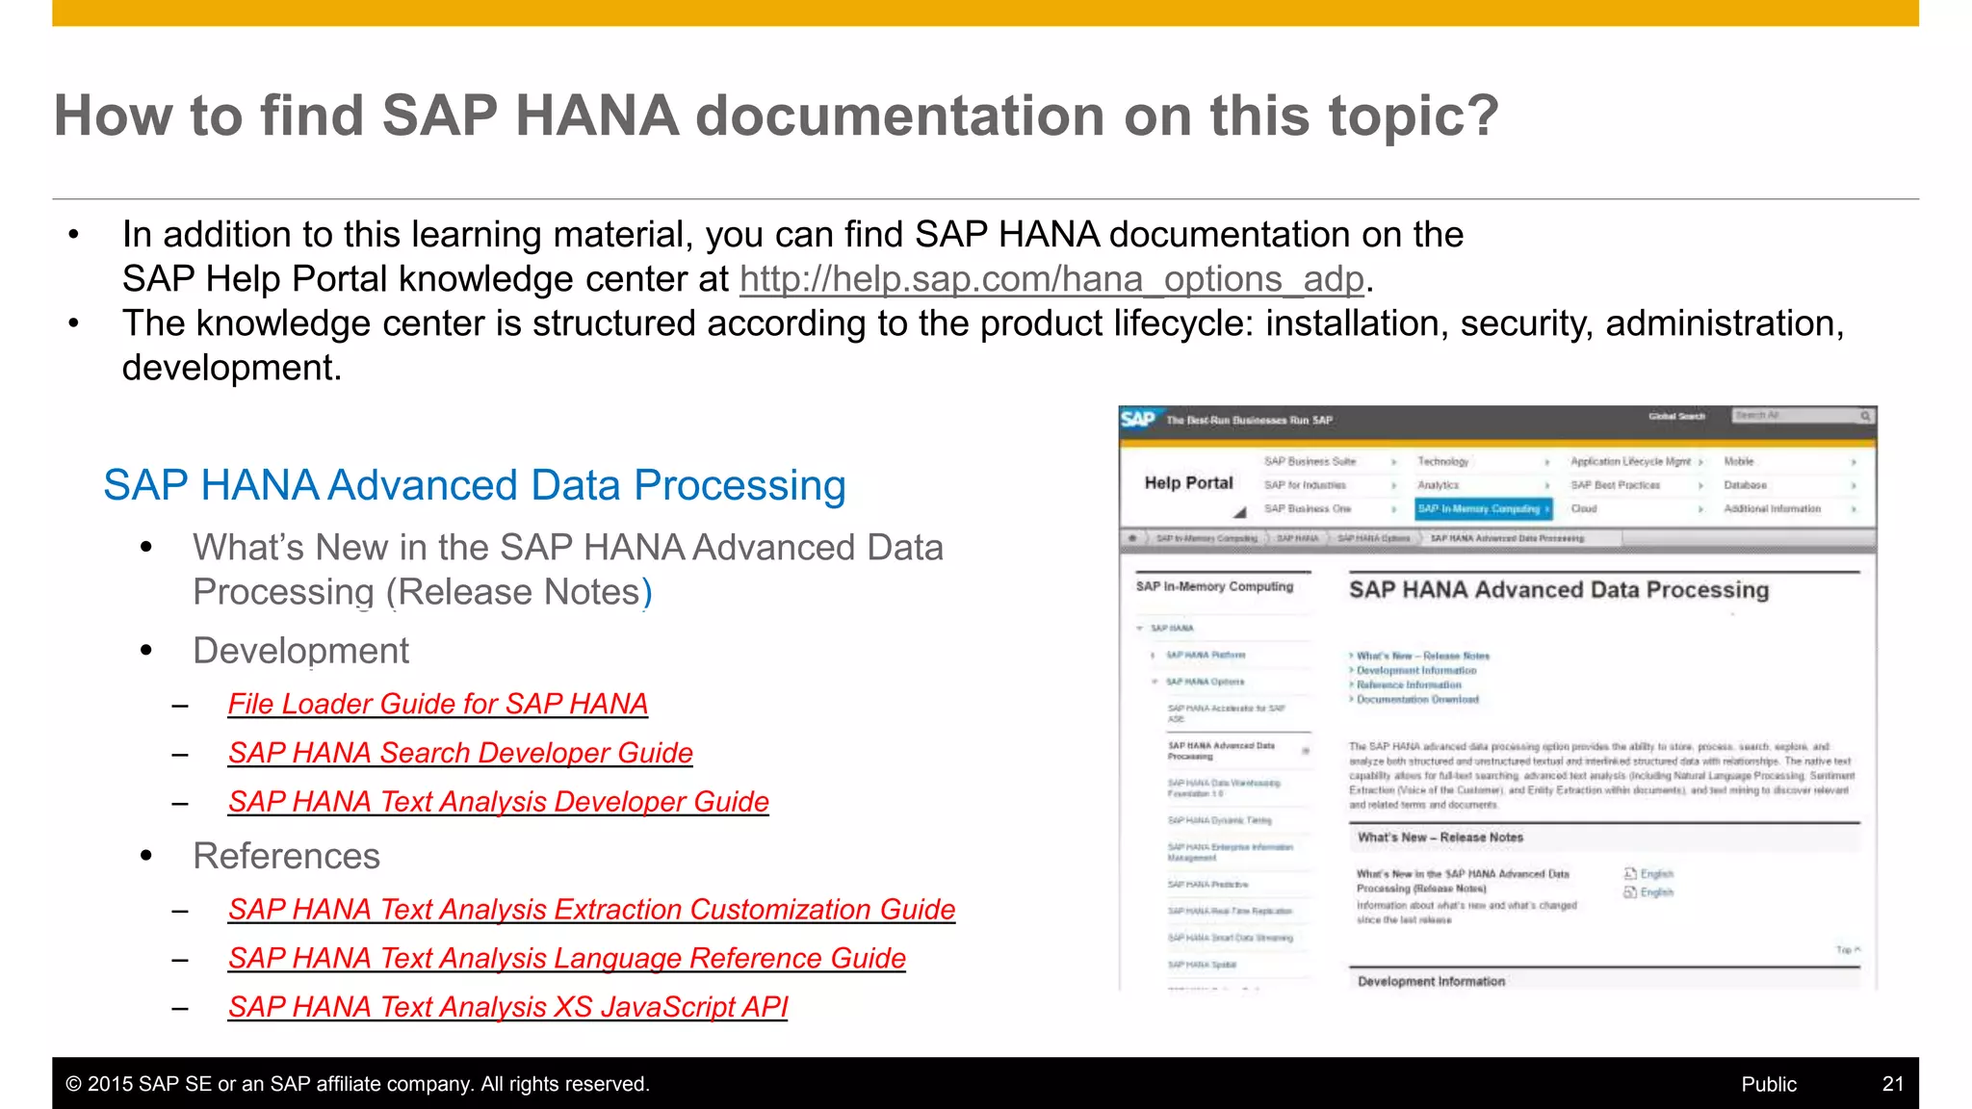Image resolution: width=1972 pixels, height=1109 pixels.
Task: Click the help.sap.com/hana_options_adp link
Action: point(1051,279)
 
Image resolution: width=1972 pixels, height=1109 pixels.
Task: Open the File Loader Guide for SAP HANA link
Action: point(437,705)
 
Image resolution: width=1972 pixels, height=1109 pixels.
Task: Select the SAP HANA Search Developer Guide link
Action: point(460,754)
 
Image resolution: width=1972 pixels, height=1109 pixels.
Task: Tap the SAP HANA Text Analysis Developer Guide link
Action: point(498,803)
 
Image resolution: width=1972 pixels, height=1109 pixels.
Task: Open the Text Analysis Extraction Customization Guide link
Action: point(591,911)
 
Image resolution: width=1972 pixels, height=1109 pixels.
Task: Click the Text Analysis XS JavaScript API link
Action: point(507,1008)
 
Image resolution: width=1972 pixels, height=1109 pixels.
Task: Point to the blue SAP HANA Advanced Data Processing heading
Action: point(474,486)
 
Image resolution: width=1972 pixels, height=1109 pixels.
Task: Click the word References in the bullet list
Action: point(286,857)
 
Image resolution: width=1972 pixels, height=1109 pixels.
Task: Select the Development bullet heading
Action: point(300,652)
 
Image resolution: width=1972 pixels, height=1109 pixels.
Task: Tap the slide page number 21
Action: point(1892,1085)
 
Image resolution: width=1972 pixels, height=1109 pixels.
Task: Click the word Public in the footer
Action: point(1768,1085)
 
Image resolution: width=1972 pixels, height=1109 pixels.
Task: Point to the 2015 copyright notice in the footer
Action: point(357,1085)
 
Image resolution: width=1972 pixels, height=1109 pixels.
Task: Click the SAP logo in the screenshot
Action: point(1137,420)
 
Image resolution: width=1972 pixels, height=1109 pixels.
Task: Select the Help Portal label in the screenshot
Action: point(1188,483)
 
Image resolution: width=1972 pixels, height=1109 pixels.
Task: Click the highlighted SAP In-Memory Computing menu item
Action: point(1482,509)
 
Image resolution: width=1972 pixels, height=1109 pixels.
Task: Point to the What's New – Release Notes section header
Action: point(1440,838)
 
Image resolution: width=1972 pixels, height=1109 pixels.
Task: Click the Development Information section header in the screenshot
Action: point(1431,981)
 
